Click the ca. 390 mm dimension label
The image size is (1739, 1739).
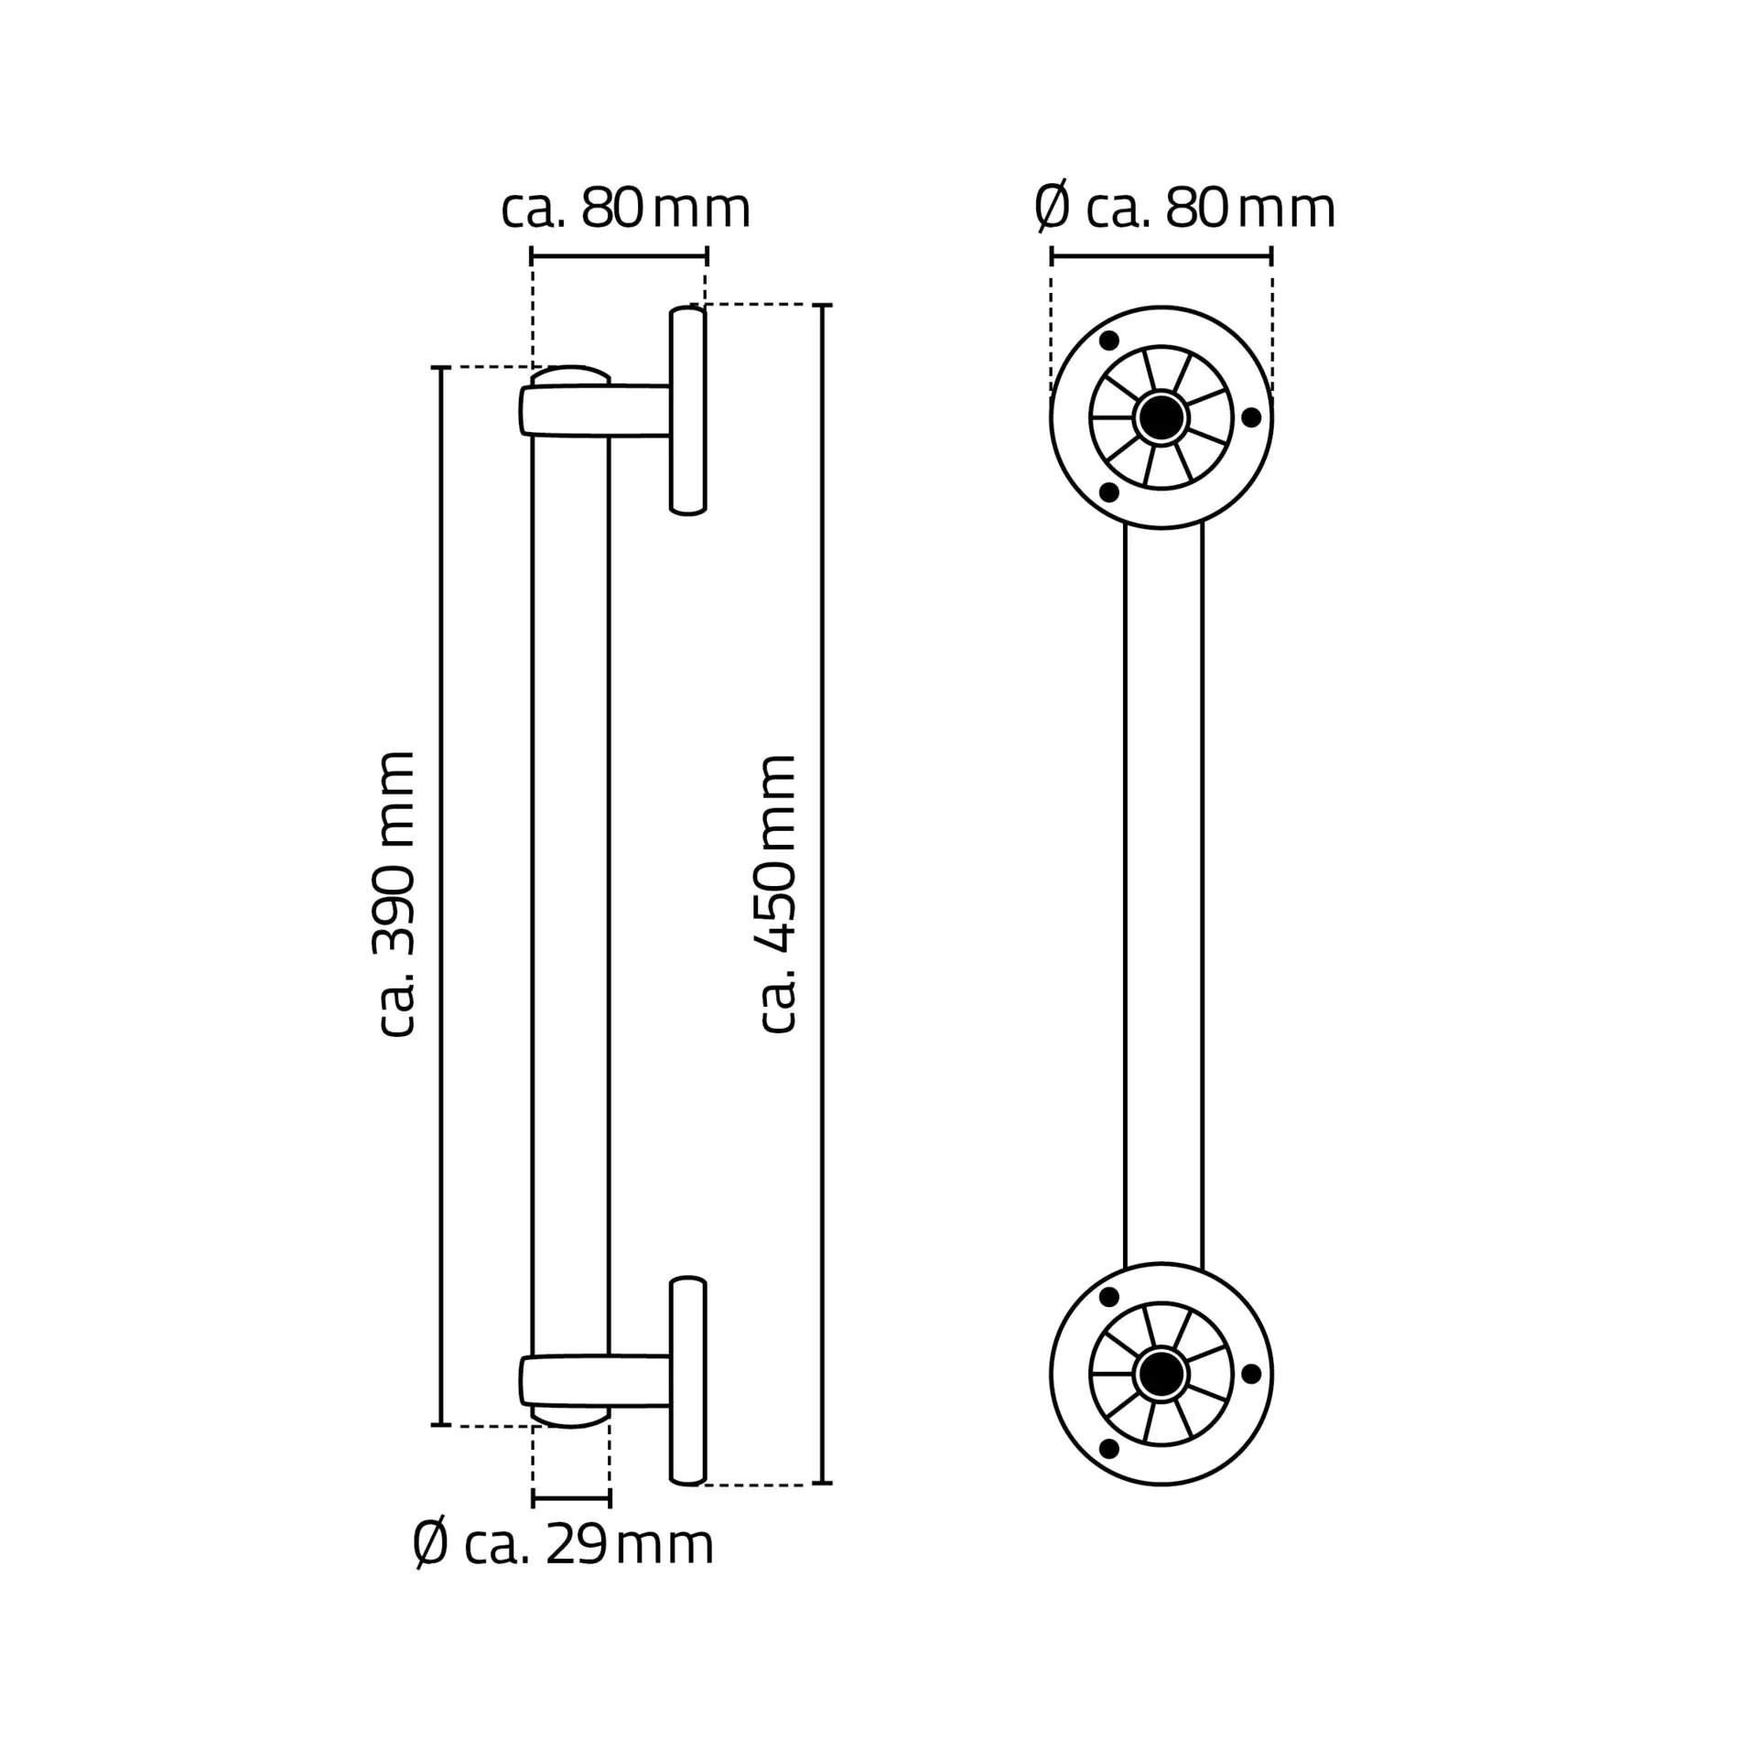pyautogui.click(x=397, y=894)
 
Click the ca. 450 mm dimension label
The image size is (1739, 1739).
pyautogui.click(x=779, y=894)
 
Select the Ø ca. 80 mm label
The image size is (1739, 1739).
pyautogui.click(x=1184, y=208)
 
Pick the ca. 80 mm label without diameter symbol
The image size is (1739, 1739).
pyautogui.click(x=626, y=208)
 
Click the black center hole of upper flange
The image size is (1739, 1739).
pyautogui.click(x=1161, y=417)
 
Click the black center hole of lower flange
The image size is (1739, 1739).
pyautogui.click(x=1161, y=1374)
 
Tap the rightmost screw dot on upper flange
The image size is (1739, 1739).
pyautogui.click(x=1251, y=417)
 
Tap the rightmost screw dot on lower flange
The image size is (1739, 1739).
pyautogui.click(x=1251, y=1374)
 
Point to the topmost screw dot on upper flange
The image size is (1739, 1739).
pyautogui.click(x=1108, y=341)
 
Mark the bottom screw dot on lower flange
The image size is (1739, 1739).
pyautogui.click(x=1108, y=1449)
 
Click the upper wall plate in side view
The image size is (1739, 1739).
pyautogui.click(x=687, y=411)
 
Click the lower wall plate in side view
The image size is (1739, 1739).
pyautogui.click(x=687, y=1380)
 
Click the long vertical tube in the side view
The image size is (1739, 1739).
pyautogui.click(x=570, y=894)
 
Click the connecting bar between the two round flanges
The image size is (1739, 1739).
pyautogui.click(x=1162, y=894)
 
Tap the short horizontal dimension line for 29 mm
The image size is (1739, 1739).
pyautogui.click(x=570, y=1499)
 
